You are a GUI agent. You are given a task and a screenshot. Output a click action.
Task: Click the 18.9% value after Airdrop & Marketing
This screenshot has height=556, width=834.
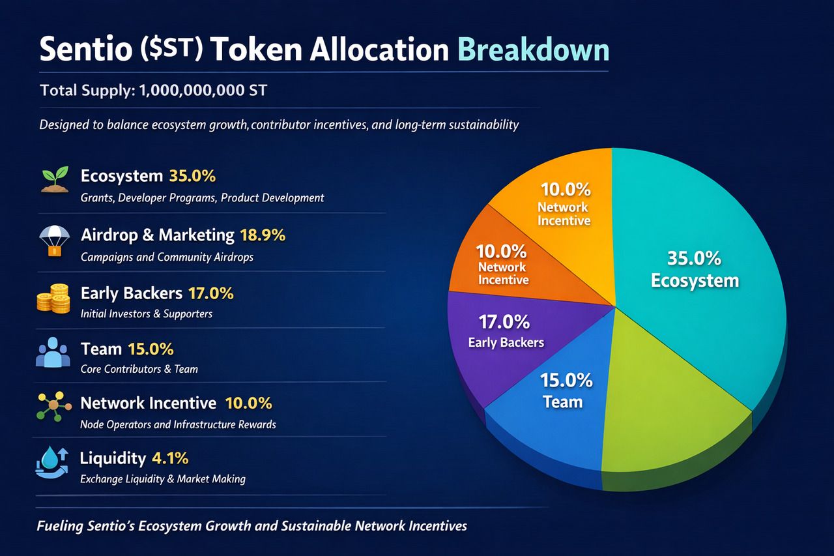pos(263,235)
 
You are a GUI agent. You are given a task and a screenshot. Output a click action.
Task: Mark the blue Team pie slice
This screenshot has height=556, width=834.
pos(554,411)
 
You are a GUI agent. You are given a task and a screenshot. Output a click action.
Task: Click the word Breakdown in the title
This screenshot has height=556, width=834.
pos(534,50)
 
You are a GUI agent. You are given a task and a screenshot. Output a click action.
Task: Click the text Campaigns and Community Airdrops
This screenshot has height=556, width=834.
pos(167,257)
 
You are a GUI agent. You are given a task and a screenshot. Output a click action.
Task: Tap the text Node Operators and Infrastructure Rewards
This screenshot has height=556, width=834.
pos(178,424)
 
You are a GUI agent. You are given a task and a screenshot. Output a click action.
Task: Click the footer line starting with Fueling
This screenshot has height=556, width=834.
pos(252,525)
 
